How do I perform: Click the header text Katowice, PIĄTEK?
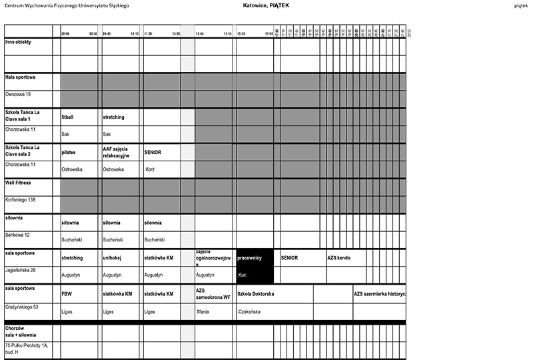point(266,5)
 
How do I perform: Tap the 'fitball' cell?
point(68,117)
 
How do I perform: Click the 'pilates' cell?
point(69,152)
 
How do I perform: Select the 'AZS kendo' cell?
point(338,257)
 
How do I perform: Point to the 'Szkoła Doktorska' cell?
point(257,293)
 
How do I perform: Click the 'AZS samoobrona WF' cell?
point(213,293)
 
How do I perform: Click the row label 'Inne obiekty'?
point(18,41)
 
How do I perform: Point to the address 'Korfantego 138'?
point(21,199)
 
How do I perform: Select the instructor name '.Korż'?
point(149,169)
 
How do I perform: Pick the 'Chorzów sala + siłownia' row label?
point(21,331)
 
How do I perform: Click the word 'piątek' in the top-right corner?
point(522,5)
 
